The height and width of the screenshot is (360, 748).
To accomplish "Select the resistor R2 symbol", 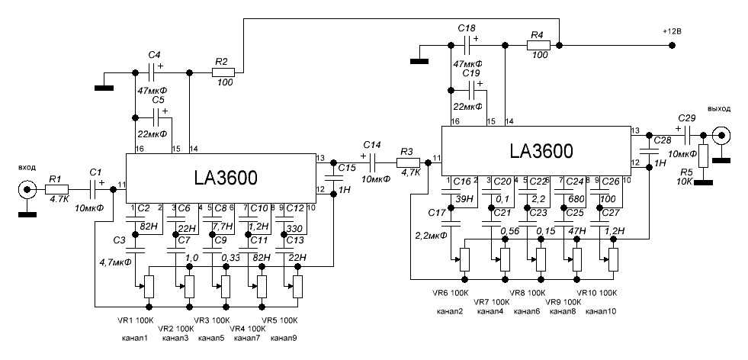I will pos(223,73).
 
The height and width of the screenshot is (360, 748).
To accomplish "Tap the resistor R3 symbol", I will pos(409,162).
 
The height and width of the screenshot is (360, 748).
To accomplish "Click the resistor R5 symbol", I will pos(704,156).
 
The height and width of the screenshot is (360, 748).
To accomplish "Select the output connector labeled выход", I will pos(720,135).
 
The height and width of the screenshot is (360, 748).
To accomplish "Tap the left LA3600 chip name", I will pos(221,178).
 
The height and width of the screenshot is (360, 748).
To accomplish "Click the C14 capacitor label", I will pos(371,144).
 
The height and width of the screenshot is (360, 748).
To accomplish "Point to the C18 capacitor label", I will pos(466,27).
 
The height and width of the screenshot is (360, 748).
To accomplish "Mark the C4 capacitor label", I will pos(154,55).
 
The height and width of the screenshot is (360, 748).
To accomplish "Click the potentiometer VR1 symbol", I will pos(149,287).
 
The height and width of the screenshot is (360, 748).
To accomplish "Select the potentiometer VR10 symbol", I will pos(614,259).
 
